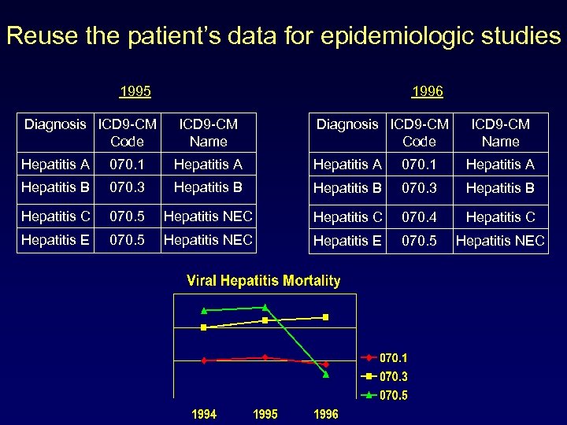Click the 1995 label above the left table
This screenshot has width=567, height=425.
[x=135, y=91]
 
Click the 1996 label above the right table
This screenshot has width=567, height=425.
[x=427, y=91]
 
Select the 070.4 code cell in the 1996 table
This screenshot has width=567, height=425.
[x=419, y=216]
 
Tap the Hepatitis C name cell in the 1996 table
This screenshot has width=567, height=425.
[x=500, y=216]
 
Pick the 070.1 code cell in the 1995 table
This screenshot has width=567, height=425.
[x=127, y=164]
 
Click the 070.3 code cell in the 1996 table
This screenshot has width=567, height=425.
[x=419, y=188]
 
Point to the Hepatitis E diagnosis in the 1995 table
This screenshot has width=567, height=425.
[x=56, y=239]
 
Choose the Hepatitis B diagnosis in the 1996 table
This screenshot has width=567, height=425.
[x=347, y=188]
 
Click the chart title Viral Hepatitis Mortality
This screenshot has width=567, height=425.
[x=263, y=281]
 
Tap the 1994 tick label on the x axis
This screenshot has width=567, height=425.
[x=204, y=414]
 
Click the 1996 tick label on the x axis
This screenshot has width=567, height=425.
[x=326, y=414]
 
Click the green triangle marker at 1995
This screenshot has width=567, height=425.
[x=265, y=306]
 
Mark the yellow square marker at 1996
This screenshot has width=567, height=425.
[x=326, y=317]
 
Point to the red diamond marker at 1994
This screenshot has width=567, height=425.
[x=204, y=360]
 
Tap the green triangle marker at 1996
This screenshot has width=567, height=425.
[x=326, y=375]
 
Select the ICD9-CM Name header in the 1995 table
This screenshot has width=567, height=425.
[x=208, y=133]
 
